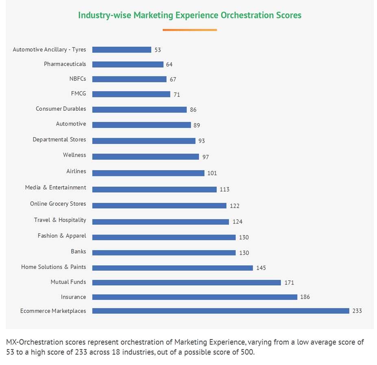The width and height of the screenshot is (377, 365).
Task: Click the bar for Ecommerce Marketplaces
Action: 220,311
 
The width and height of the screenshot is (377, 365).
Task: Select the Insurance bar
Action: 194,297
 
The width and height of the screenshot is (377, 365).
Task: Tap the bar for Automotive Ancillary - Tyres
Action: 122,50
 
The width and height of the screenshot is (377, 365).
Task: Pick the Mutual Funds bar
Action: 186,282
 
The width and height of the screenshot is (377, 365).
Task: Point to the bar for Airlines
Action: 148,173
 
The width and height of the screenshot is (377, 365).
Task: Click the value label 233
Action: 357,311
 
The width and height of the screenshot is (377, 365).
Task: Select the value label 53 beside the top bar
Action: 157,50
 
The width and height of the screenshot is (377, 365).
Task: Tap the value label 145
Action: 261,268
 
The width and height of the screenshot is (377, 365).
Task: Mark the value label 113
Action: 224,189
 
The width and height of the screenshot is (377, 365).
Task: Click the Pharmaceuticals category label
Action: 65,64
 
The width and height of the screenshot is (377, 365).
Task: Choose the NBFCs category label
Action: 78,79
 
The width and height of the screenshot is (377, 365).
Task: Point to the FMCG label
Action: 78,94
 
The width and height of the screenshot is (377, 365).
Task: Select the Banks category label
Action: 78,251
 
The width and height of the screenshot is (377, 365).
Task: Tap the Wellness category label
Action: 74,155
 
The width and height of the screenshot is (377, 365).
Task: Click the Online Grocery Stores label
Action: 58,204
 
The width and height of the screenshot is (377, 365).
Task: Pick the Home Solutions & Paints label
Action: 54,267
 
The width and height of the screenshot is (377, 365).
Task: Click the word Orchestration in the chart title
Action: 245,15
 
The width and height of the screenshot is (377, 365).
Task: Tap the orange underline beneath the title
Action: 190,30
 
